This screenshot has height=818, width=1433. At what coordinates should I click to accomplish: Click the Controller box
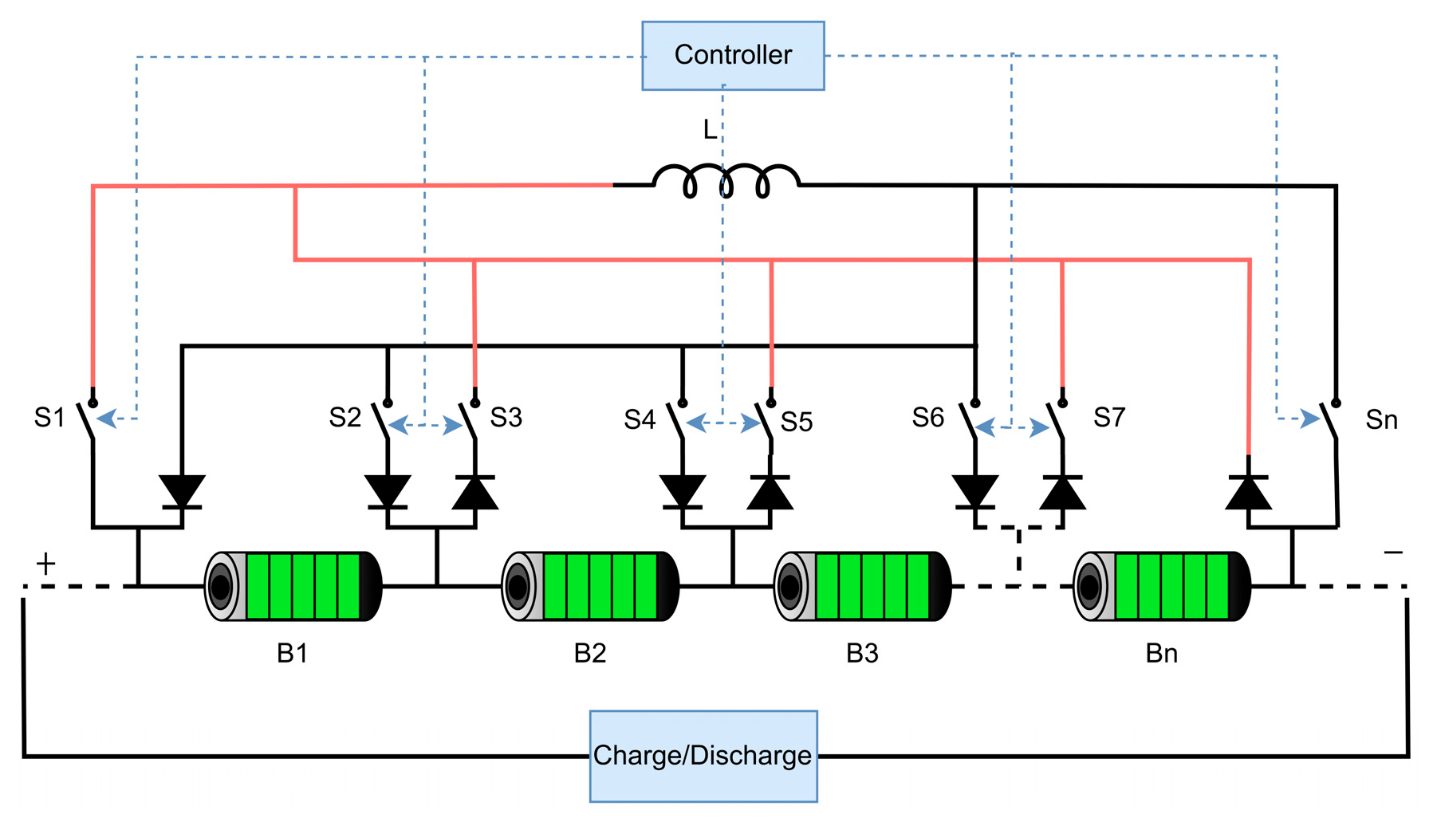coord(733,56)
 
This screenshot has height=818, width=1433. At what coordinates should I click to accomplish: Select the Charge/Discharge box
coord(703,756)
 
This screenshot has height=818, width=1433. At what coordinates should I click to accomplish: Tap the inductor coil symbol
coord(726,181)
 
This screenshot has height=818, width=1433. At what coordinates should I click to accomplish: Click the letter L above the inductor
coord(710,130)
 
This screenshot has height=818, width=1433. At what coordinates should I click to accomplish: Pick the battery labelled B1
coord(293,586)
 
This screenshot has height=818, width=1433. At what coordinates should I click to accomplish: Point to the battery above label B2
coord(590,586)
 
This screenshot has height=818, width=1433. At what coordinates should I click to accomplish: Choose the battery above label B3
coord(863,586)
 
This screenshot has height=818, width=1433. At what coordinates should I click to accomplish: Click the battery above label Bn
coord(1162,586)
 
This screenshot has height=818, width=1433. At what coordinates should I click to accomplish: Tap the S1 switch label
coord(49,417)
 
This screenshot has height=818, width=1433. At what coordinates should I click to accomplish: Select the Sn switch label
coord(1381,419)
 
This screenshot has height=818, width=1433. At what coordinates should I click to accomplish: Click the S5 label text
coord(797,422)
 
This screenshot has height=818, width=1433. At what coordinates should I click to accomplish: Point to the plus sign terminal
coord(46,564)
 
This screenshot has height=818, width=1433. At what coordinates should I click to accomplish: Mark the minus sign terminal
coord(1393,552)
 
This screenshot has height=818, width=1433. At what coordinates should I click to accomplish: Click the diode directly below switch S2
coord(388,492)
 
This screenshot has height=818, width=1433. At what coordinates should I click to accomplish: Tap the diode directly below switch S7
coord(1062,492)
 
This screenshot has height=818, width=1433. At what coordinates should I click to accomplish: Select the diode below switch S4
coord(683,492)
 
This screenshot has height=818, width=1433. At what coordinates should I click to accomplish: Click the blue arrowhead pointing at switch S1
coord(107,418)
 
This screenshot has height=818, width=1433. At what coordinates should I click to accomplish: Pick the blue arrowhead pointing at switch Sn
coord(1309,418)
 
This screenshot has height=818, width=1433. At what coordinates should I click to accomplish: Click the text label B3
coord(862,654)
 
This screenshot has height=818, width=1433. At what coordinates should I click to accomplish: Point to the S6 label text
coord(928,417)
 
